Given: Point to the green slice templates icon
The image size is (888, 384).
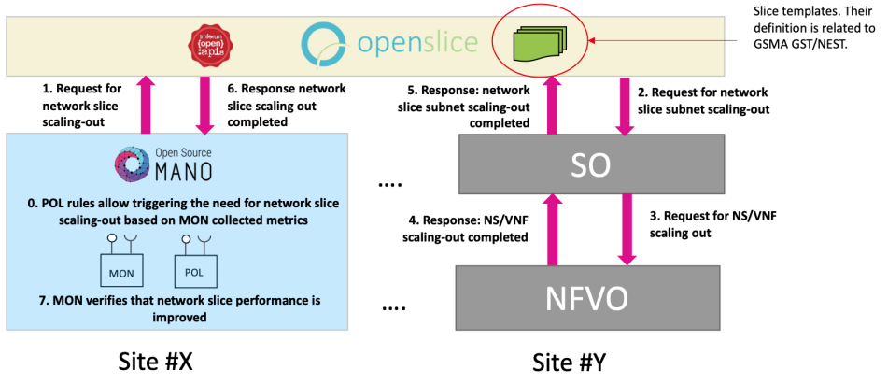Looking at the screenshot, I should click(x=534, y=42).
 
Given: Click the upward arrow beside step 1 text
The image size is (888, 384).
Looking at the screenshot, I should click(x=145, y=105).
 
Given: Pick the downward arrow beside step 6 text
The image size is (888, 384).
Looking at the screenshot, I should click(x=203, y=105).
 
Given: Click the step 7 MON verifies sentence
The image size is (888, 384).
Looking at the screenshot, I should click(x=176, y=308).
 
